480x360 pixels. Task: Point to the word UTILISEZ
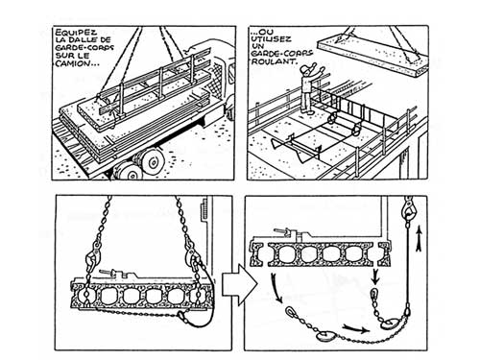click(271, 39)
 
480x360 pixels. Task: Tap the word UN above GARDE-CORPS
click(257, 46)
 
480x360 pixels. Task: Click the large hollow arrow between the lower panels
click(239, 284)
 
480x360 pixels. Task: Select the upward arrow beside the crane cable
click(419, 239)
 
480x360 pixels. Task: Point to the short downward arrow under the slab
click(375, 276)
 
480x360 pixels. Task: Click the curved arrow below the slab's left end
click(276, 288)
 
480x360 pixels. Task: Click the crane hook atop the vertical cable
click(408, 209)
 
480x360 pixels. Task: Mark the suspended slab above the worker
click(372, 56)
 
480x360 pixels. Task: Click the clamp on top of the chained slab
click(119, 274)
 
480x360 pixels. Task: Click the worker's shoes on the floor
click(307, 111)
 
